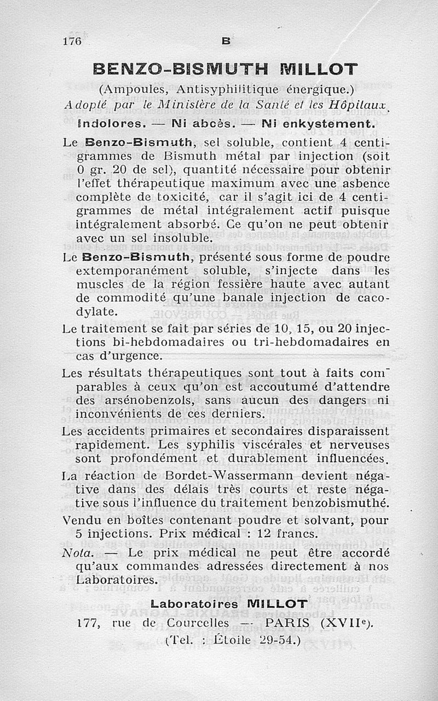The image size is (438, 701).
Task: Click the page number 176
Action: click(72, 41)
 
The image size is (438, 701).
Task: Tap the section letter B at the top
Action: click(226, 41)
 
